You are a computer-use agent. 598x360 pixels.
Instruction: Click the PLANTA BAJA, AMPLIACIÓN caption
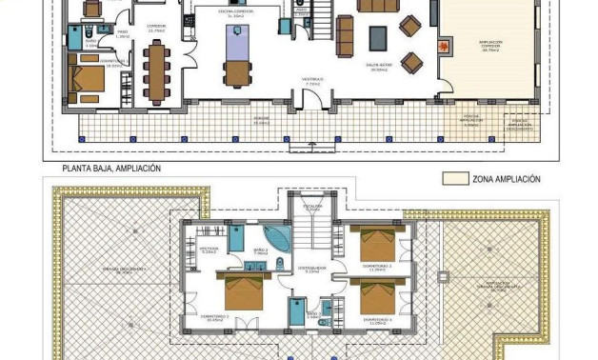[111, 169]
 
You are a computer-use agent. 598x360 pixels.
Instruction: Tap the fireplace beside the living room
[442, 45]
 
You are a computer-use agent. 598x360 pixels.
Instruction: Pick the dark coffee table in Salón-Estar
[378, 37]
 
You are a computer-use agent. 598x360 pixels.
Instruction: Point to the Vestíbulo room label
[313, 81]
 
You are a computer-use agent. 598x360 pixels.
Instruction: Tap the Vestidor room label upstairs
[209, 250]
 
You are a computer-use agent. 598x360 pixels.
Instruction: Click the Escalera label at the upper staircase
[313, 206]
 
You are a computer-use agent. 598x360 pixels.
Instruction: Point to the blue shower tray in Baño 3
[325, 309]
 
